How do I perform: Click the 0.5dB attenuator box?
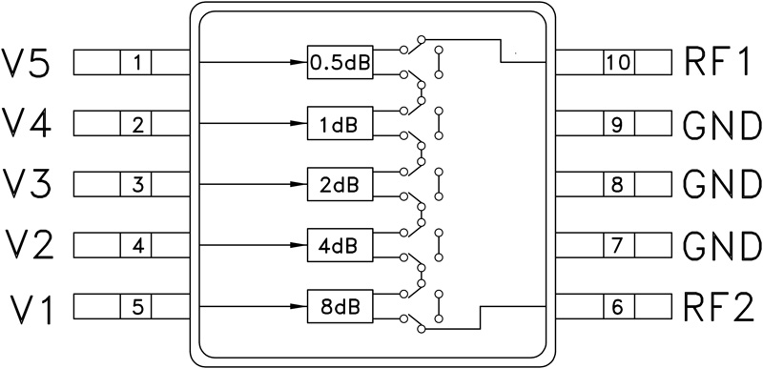pos(340,64)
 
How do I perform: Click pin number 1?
pos(137,64)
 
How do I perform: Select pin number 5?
pos(137,307)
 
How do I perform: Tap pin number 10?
pos(618,64)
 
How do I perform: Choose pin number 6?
pos(618,307)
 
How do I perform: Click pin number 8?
pos(618,185)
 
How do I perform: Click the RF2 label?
pos(720,307)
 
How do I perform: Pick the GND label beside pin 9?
pos(722,124)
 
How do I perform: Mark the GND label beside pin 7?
pos(722,246)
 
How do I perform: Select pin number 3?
pos(137,185)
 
